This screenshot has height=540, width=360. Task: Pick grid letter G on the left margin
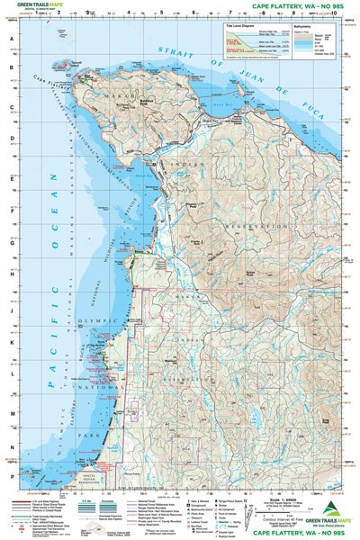(12, 242)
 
